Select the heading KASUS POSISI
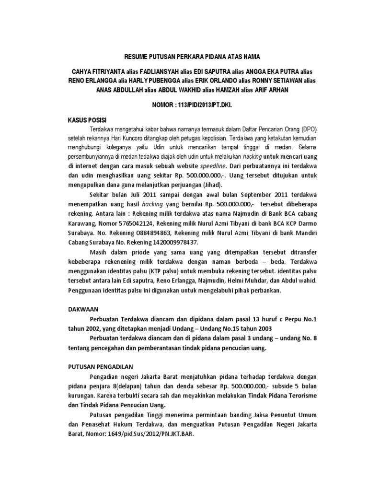[85, 118]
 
